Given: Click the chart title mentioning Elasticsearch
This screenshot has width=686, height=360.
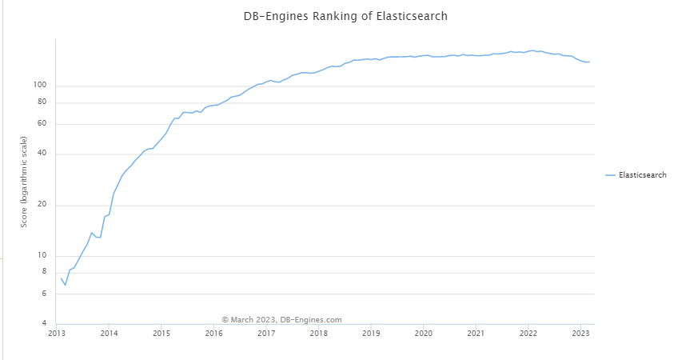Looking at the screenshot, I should pos(345,16).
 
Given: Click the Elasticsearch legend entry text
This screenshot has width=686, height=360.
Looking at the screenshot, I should pos(642,174).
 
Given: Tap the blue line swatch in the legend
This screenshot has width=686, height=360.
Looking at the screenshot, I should pos(611,174).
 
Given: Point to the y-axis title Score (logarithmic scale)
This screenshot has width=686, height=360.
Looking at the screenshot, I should pos(24,182).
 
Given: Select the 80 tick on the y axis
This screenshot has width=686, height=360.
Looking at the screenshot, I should pos(43,102).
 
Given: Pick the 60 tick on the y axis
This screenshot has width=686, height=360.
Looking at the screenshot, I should pos(43,124).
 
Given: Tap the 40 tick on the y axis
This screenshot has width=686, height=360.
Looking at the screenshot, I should pos(43,154).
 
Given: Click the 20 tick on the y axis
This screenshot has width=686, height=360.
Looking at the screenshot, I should pos(43,205).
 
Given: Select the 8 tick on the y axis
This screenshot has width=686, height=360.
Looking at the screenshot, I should pos(45,273).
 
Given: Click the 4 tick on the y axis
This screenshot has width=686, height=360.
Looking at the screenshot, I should pos(45,324).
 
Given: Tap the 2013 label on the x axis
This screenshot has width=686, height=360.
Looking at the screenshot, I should pos(57,333).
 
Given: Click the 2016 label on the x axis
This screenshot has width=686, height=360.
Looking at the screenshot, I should pos(213,333).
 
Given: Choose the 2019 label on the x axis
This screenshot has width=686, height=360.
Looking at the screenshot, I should pos(371,333).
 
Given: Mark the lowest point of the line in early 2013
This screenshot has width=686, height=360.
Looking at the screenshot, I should pos(66,285).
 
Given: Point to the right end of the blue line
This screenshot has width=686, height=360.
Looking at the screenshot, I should pos(589,62).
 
